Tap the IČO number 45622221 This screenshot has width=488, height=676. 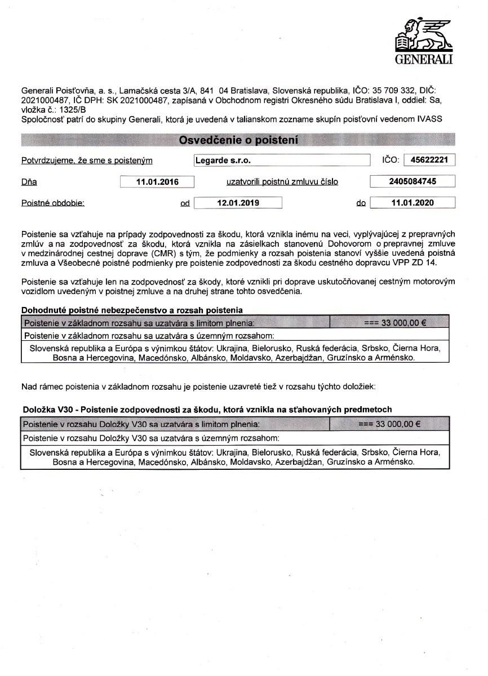429,160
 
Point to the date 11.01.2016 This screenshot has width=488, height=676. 157,182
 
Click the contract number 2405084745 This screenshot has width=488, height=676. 412,181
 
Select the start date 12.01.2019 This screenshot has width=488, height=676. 238,203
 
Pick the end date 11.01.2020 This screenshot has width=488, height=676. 412,203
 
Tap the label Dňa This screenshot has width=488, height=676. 29,182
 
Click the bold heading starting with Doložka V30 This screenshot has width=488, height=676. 207,409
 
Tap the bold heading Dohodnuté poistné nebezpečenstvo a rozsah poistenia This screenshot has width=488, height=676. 132,309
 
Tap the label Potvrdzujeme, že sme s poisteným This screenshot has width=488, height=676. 87,161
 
